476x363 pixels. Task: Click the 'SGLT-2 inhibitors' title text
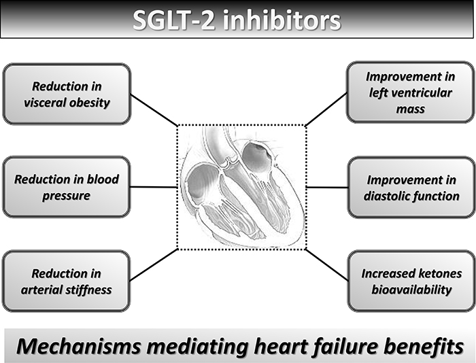click(237, 20)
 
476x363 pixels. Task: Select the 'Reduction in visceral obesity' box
click(67, 94)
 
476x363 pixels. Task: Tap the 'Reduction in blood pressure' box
click(67, 187)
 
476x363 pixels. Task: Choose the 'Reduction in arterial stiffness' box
click(66, 281)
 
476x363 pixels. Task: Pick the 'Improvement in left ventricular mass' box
click(411, 92)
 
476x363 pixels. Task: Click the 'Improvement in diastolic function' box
click(411, 188)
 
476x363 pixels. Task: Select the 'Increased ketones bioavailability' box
click(411, 281)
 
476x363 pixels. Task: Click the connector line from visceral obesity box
click(154, 110)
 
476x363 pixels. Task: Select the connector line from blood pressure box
click(154, 187)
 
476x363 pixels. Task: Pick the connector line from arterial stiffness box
click(154, 264)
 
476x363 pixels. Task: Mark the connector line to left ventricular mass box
click(326, 109)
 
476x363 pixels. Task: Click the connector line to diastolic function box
click(327, 187)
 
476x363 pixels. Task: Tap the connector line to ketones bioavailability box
click(327, 264)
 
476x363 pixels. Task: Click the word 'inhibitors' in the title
click(282, 20)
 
